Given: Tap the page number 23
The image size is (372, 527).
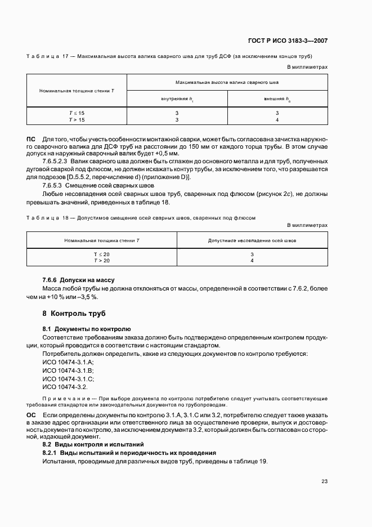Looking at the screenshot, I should tap(324, 481).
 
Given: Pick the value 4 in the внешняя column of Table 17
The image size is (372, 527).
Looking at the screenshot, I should tap(277, 119).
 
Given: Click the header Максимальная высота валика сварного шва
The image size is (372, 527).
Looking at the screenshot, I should tap(227, 82).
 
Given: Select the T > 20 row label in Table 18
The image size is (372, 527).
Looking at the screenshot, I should tap(78, 261).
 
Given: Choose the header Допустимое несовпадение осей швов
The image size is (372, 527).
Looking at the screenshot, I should tap(252, 240).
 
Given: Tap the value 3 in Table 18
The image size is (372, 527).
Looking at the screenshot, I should tap(252, 254).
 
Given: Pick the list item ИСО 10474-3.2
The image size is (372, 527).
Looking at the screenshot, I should tap(65, 387).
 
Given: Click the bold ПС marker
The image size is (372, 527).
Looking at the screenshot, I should tap(31, 139).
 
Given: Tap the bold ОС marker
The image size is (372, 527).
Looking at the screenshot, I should tap(31, 414).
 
